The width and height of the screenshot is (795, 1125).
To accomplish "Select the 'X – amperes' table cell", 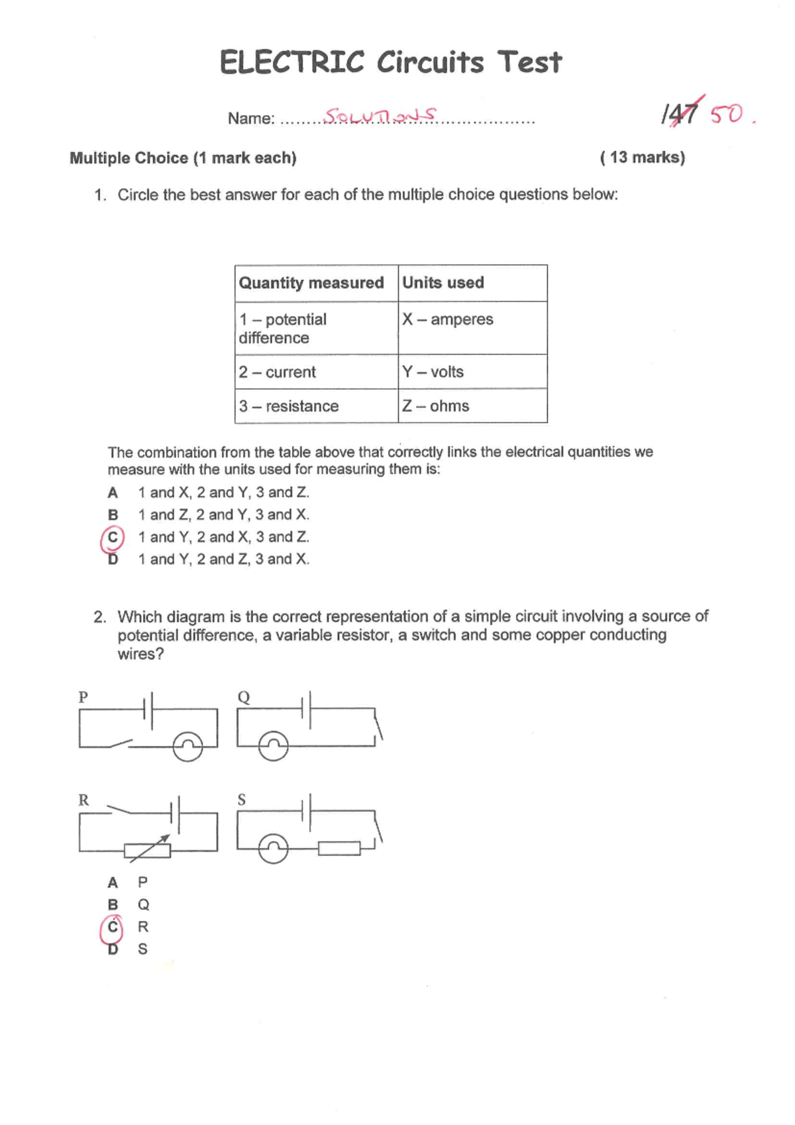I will [472, 328].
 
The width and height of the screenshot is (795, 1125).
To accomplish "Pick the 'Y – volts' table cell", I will [472, 372].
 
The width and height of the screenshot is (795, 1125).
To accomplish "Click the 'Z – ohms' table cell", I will [472, 406].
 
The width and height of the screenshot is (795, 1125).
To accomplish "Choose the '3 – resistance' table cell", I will [316, 406].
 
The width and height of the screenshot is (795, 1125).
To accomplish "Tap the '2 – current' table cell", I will [316, 372].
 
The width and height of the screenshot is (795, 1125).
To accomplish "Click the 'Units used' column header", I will [472, 283].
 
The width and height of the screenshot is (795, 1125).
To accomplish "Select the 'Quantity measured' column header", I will [312, 283].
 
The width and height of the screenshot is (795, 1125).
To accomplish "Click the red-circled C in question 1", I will [113, 538].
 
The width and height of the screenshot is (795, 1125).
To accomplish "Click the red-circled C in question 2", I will [113, 928].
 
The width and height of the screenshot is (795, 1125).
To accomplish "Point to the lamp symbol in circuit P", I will [187, 747].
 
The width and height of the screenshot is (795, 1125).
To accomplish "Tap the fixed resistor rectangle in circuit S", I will [339, 848].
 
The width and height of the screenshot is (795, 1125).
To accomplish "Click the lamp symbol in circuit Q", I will [274, 747].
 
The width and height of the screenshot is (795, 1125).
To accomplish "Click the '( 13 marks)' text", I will [642, 158].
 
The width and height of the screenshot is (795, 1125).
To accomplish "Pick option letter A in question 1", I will [113, 493].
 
